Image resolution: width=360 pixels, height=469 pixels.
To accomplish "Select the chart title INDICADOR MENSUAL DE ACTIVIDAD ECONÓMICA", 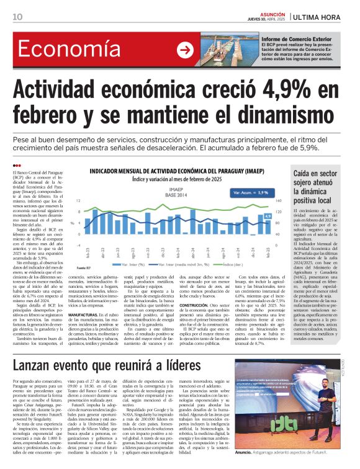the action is pyautogui.click(x=179, y=170).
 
